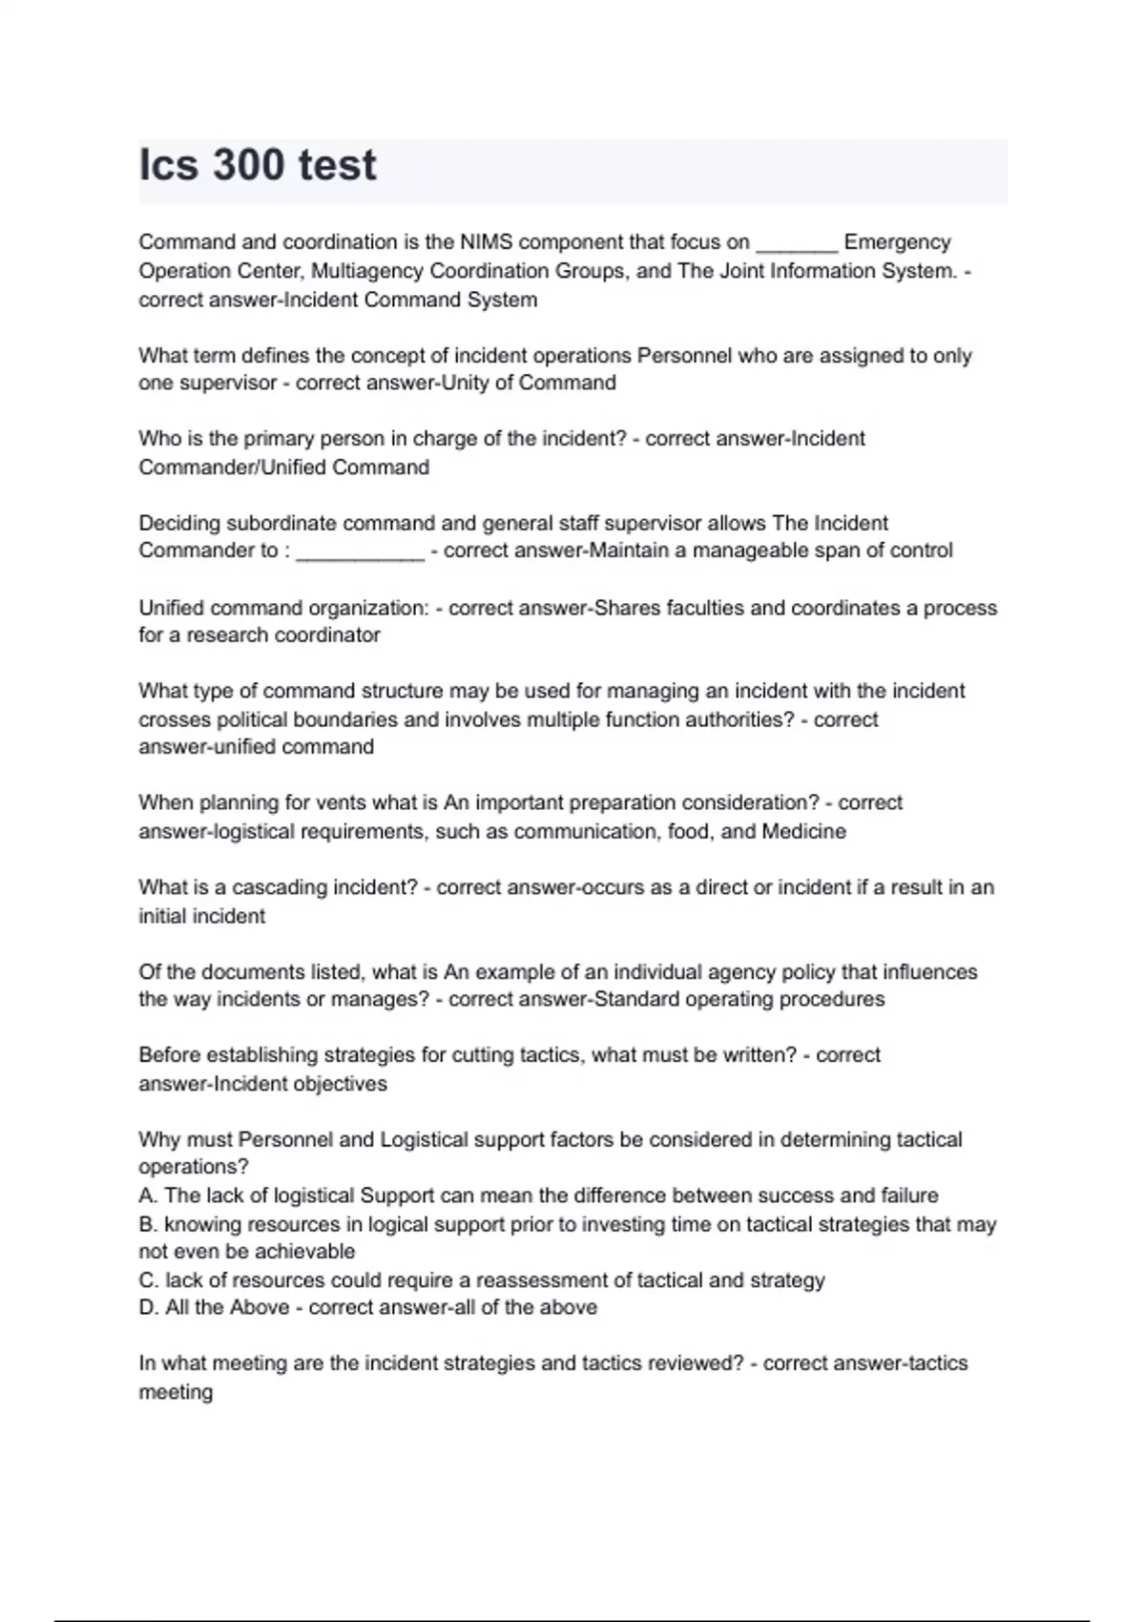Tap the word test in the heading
[337, 165]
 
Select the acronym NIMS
[487, 242]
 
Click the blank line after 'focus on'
[797, 244]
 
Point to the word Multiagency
[367, 271]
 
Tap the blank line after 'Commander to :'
[360, 552]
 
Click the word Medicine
[803, 831]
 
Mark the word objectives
[341, 1084]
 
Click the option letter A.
[147, 1196]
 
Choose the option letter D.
[148, 1307]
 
